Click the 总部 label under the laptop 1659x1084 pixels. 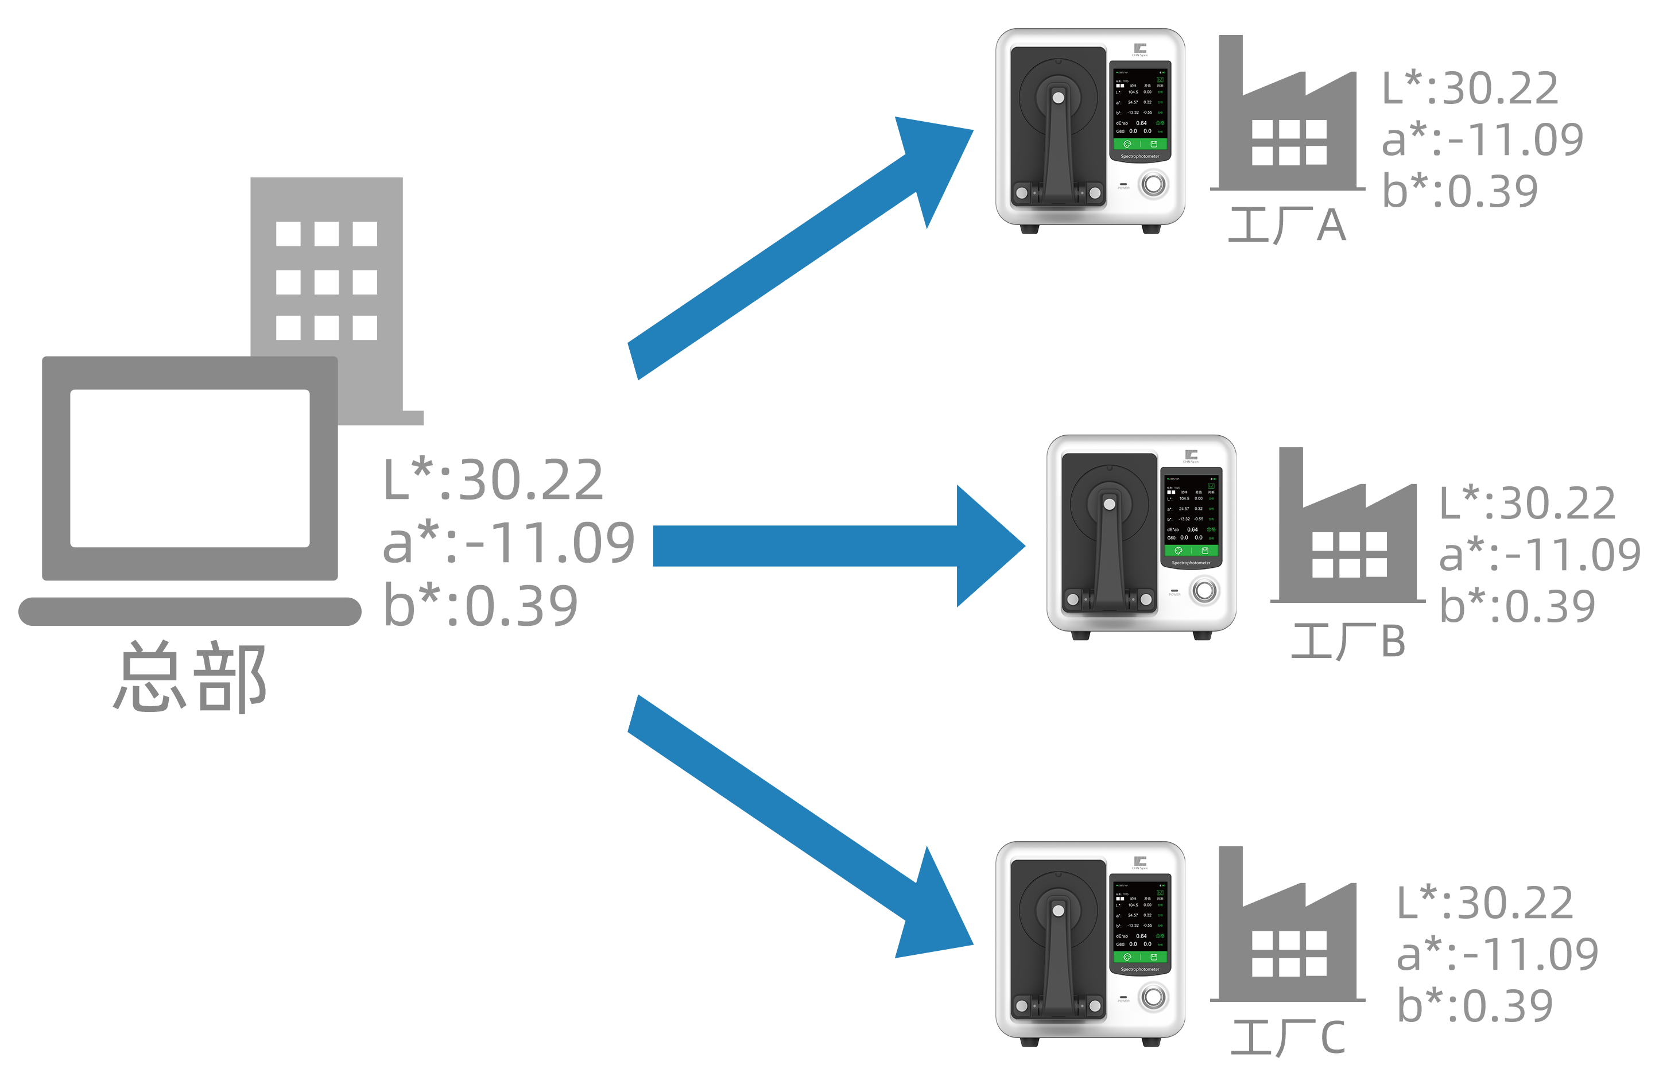coord(189,677)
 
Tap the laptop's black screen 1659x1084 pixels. coord(189,468)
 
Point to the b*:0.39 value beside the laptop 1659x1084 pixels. coord(481,605)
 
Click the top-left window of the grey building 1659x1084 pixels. coord(288,234)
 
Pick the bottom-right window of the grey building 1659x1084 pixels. coord(365,328)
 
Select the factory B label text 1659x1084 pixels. coord(1347,641)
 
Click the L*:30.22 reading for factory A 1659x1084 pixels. coord(1471,88)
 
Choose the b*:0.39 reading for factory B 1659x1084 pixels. coord(1520,605)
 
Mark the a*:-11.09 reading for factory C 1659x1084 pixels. coord(1497,954)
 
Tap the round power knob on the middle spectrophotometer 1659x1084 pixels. coord(1204,590)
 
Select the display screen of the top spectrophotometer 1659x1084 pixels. coord(1141,108)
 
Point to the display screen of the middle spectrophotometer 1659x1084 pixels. coord(1191,514)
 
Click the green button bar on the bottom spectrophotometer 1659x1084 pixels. coord(1141,957)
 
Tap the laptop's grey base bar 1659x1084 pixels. coord(189,611)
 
